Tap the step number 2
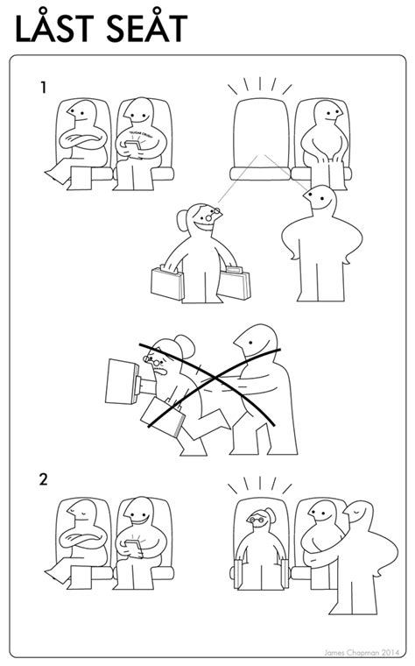pyautogui.click(x=43, y=479)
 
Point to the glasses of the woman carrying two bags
pyautogui.click(x=212, y=213)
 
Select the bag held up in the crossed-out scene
pyautogui.click(x=122, y=379)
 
